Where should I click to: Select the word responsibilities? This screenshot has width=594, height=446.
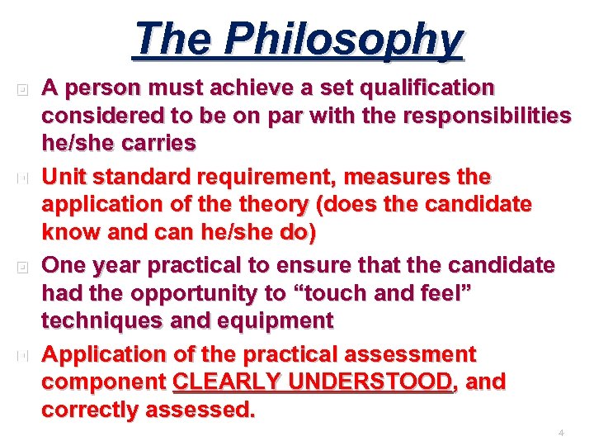coord(487,116)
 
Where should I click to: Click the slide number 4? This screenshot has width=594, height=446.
coord(561,433)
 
